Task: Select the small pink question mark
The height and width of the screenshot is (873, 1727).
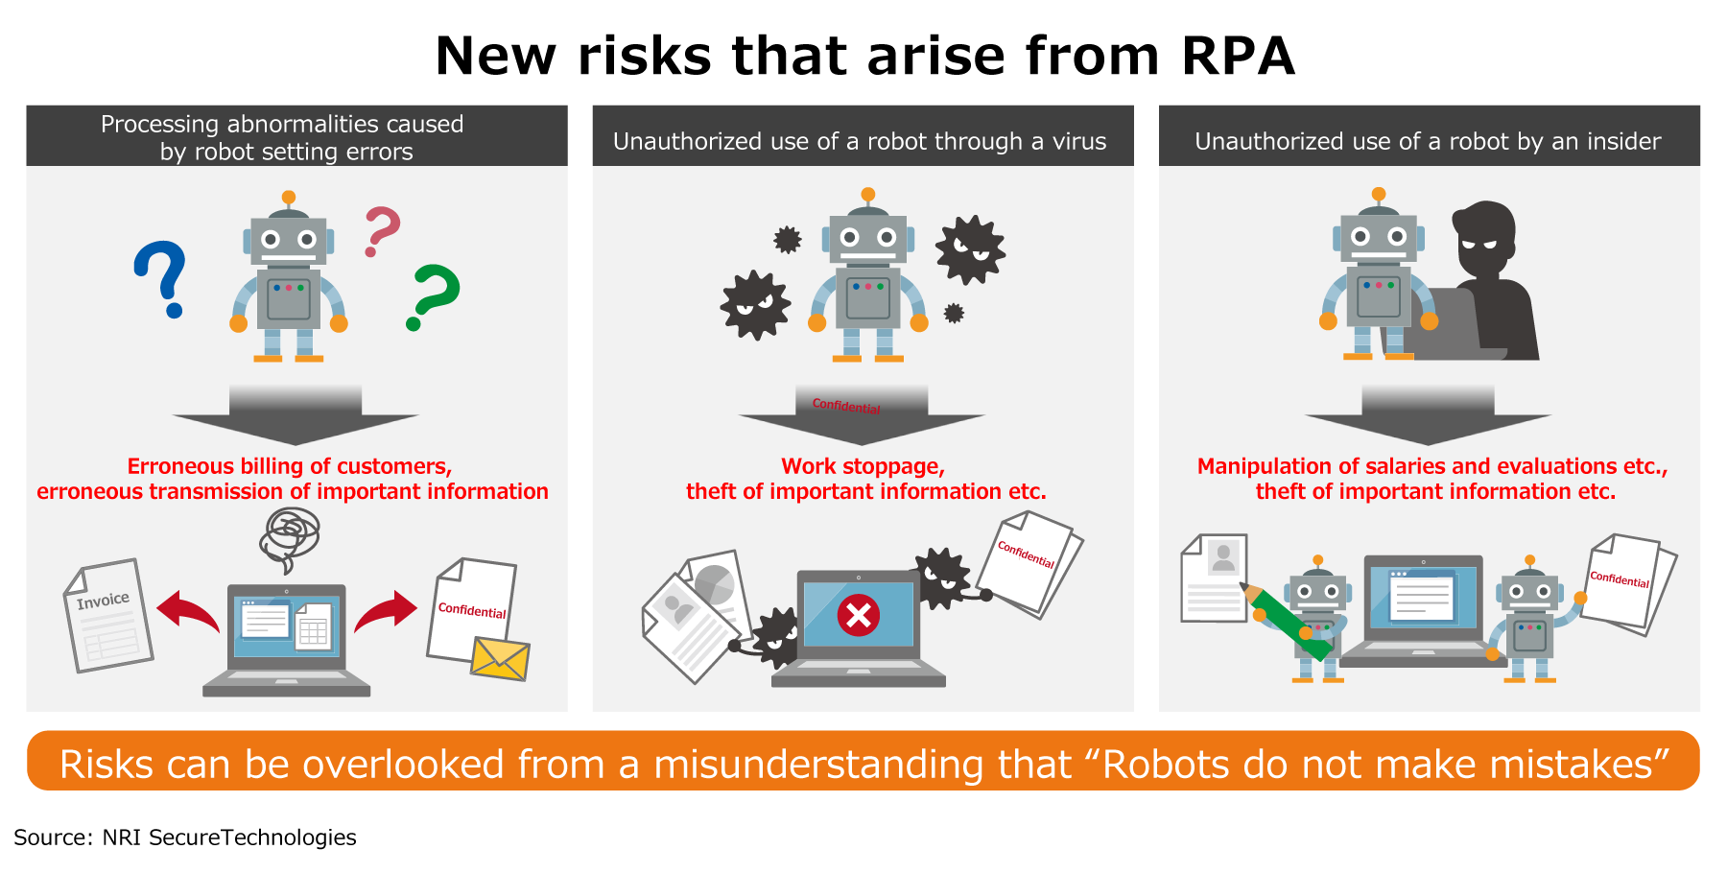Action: pyautogui.click(x=381, y=230)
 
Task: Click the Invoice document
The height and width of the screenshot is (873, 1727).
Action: pyautogui.click(x=108, y=615)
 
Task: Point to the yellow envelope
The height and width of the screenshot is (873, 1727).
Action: pyautogui.click(x=500, y=658)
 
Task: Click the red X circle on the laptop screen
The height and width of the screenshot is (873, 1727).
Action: pyautogui.click(x=859, y=615)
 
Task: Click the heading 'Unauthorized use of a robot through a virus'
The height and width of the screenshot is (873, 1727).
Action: pyautogui.click(x=860, y=141)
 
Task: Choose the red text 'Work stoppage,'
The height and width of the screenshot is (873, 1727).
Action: pyautogui.click(x=863, y=466)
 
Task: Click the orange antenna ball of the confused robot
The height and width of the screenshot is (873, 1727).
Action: pyautogui.click(x=288, y=198)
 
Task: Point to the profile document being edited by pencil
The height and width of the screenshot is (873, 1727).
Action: pyautogui.click(x=1214, y=578)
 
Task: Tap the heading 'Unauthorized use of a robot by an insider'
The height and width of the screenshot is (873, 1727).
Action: pyautogui.click(x=1428, y=141)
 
